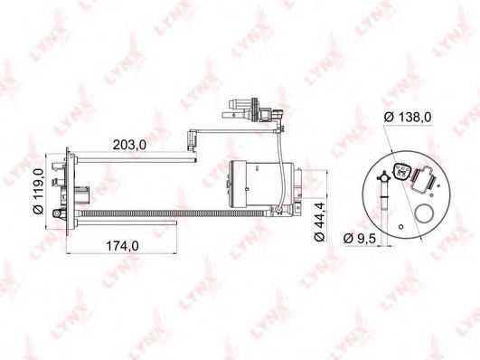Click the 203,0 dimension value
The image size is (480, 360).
pyautogui.click(x=129, y=145)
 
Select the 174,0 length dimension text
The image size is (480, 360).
pyautogui.click(x=122, y=246)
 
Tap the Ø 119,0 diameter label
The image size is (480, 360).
pyautogui.click(x=39, y=192)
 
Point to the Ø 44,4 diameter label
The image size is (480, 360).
pyautogui.click(x=319, y=222)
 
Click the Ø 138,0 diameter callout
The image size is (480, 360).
pyautogui.click(x=408, y=117)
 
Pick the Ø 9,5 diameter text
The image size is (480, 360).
pyautogui.click(x=360, y=238)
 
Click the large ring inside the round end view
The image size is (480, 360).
pyautogui.click(x=424, y=213)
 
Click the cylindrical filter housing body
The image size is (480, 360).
pyautogui.click(x=262, y=183)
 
